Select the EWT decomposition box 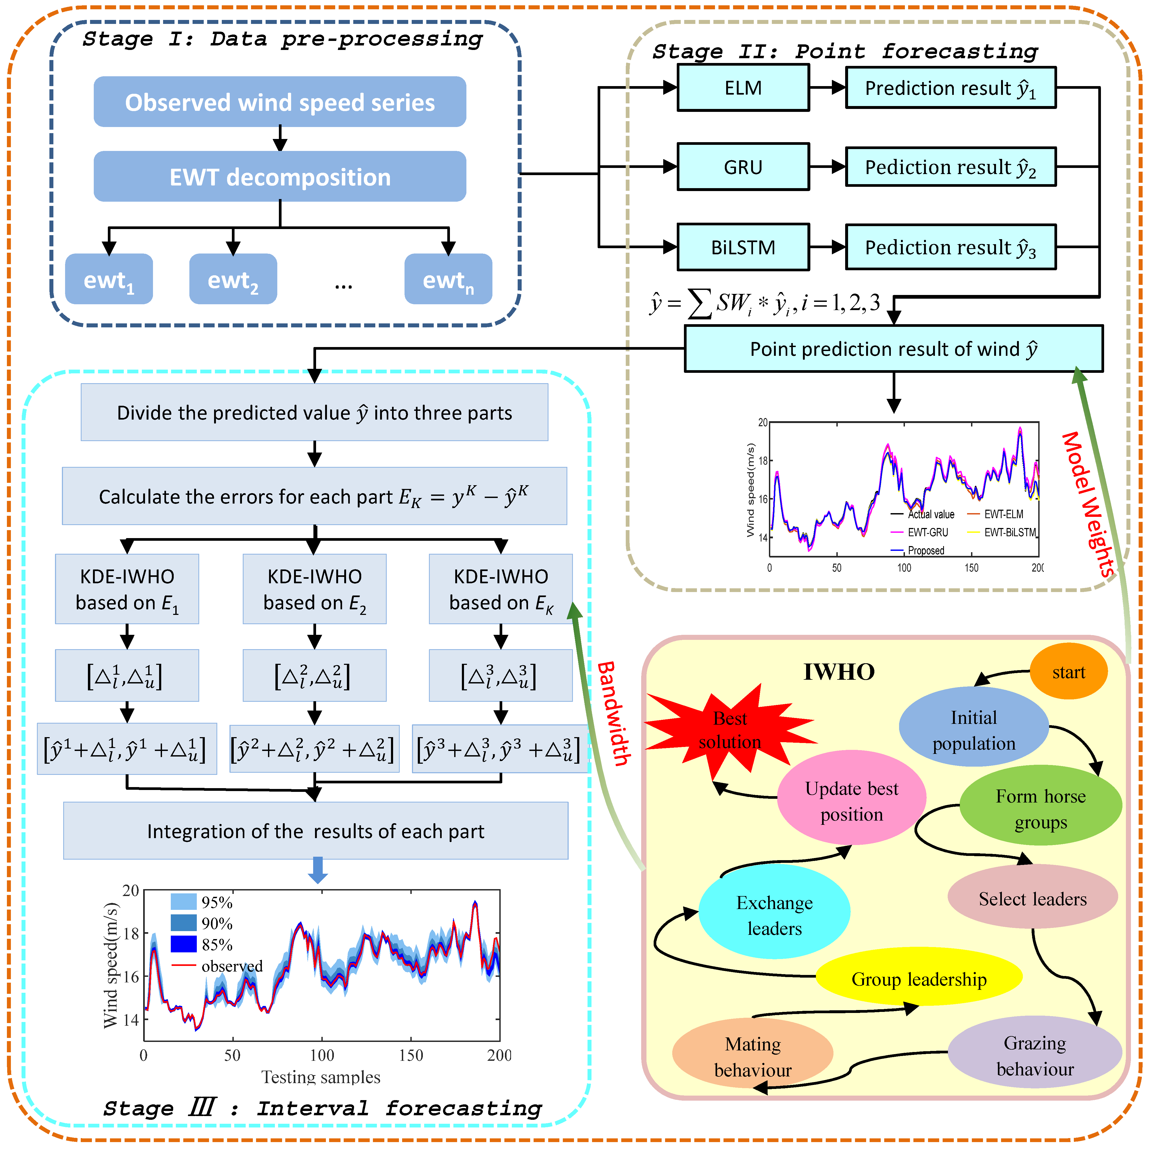tap(279, 177)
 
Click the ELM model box tap(743, 88)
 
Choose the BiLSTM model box tap(743, 247)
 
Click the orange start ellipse tap(1068, 672)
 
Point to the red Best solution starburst tap(730, 730)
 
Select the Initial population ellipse tap(973, 730)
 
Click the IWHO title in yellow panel tap(839, 672)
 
